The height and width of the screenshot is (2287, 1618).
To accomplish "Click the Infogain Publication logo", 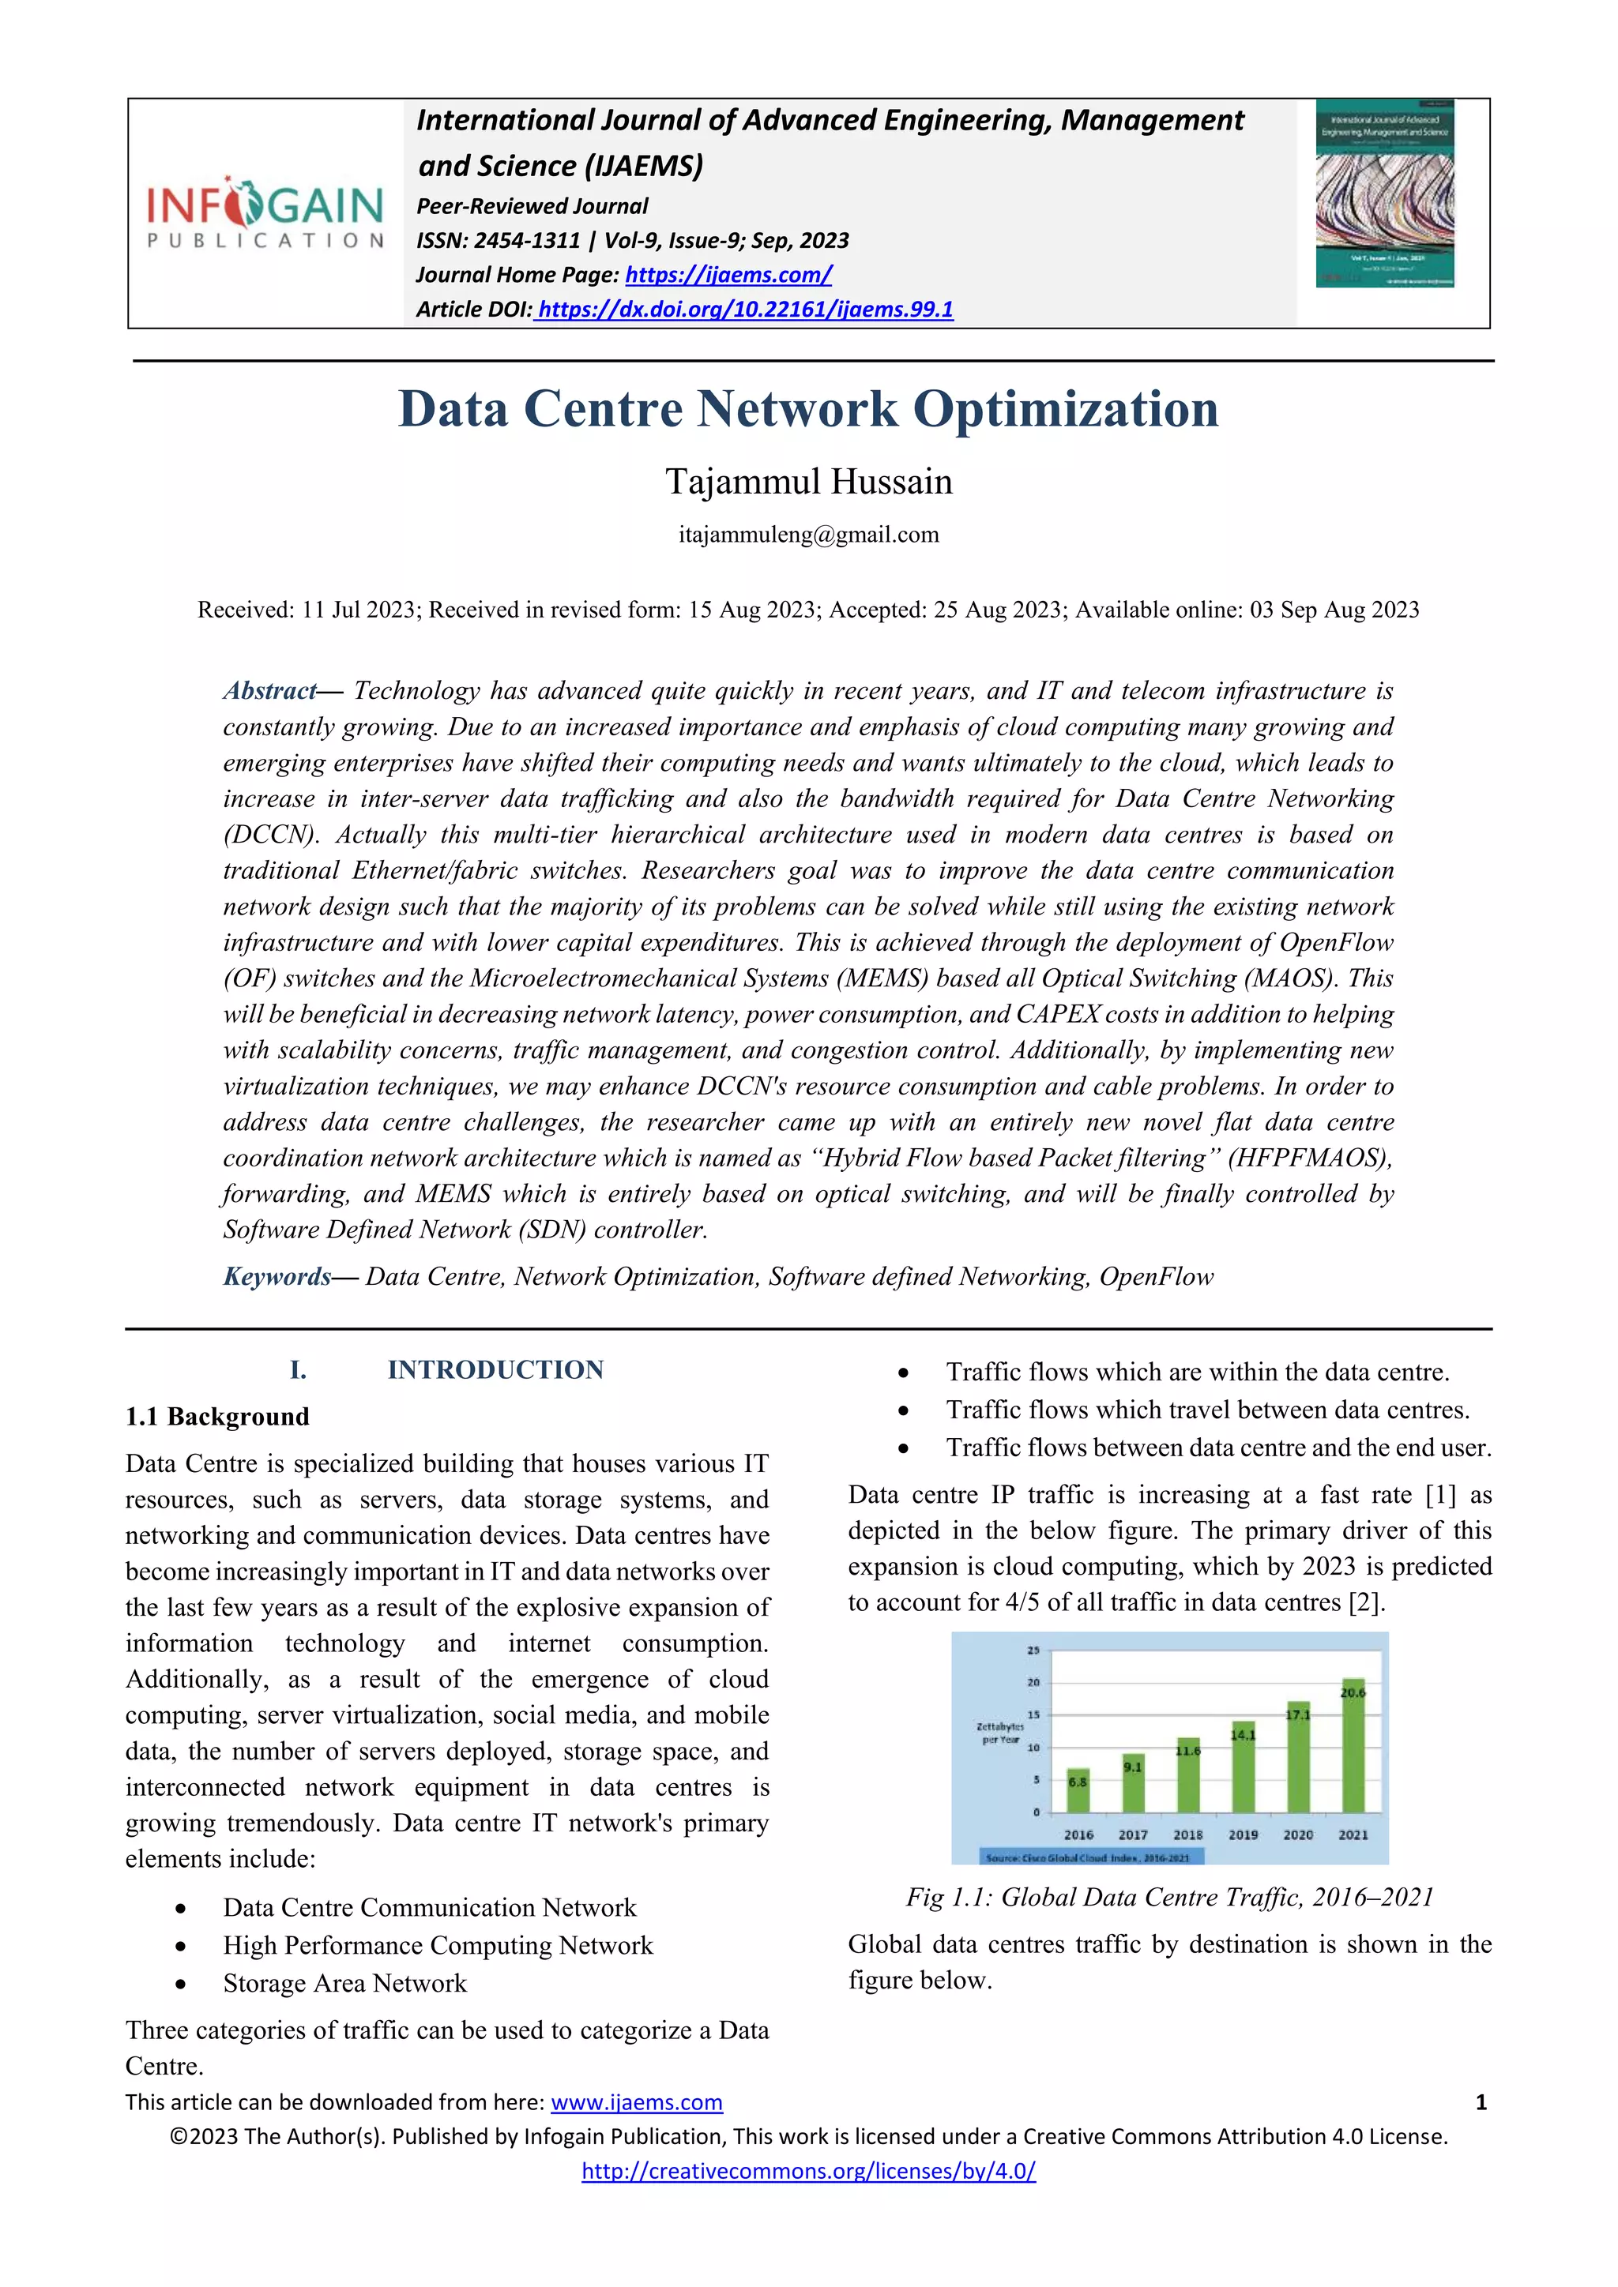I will click(x=265, y=212).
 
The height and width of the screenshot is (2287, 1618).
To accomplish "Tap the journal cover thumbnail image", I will click(x=1384, y=193).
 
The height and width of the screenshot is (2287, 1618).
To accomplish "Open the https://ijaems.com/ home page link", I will click(x=728, y=274).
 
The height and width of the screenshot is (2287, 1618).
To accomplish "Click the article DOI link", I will click(x=744, y=309).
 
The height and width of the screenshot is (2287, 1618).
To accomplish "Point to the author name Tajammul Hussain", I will click(x=808, y=481).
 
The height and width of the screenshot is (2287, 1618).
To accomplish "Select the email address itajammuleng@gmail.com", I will click(x=808, y=535).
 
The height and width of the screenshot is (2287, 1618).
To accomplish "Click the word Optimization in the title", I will click(x=1065, y=409).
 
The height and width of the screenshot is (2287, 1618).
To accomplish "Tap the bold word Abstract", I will click(x=269, y=690).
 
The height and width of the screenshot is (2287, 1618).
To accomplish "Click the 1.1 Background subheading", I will click(x=217, y=1417).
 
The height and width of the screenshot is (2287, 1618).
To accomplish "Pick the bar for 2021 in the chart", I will click(x=1353, y=1746).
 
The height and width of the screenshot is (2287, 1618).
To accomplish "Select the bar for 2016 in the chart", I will click(x=1078, y=1790).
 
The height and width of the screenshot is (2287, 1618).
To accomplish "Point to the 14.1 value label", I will click(x=1244, y=1735).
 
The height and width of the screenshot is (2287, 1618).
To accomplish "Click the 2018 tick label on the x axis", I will click(x=1187, y=1834).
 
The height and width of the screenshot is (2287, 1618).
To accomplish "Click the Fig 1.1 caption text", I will click(x=1168, y=1898).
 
